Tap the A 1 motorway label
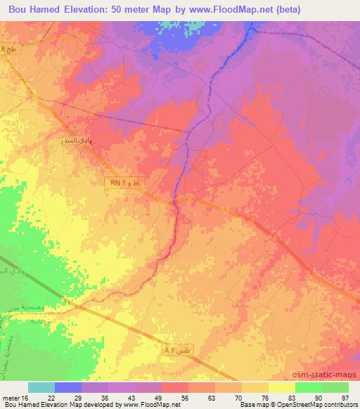click(x=169, y=349)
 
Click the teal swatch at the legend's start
click(x=41, y=387)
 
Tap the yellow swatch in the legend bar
click(x=281, y=387)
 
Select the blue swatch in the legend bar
click(x=68, y=387)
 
